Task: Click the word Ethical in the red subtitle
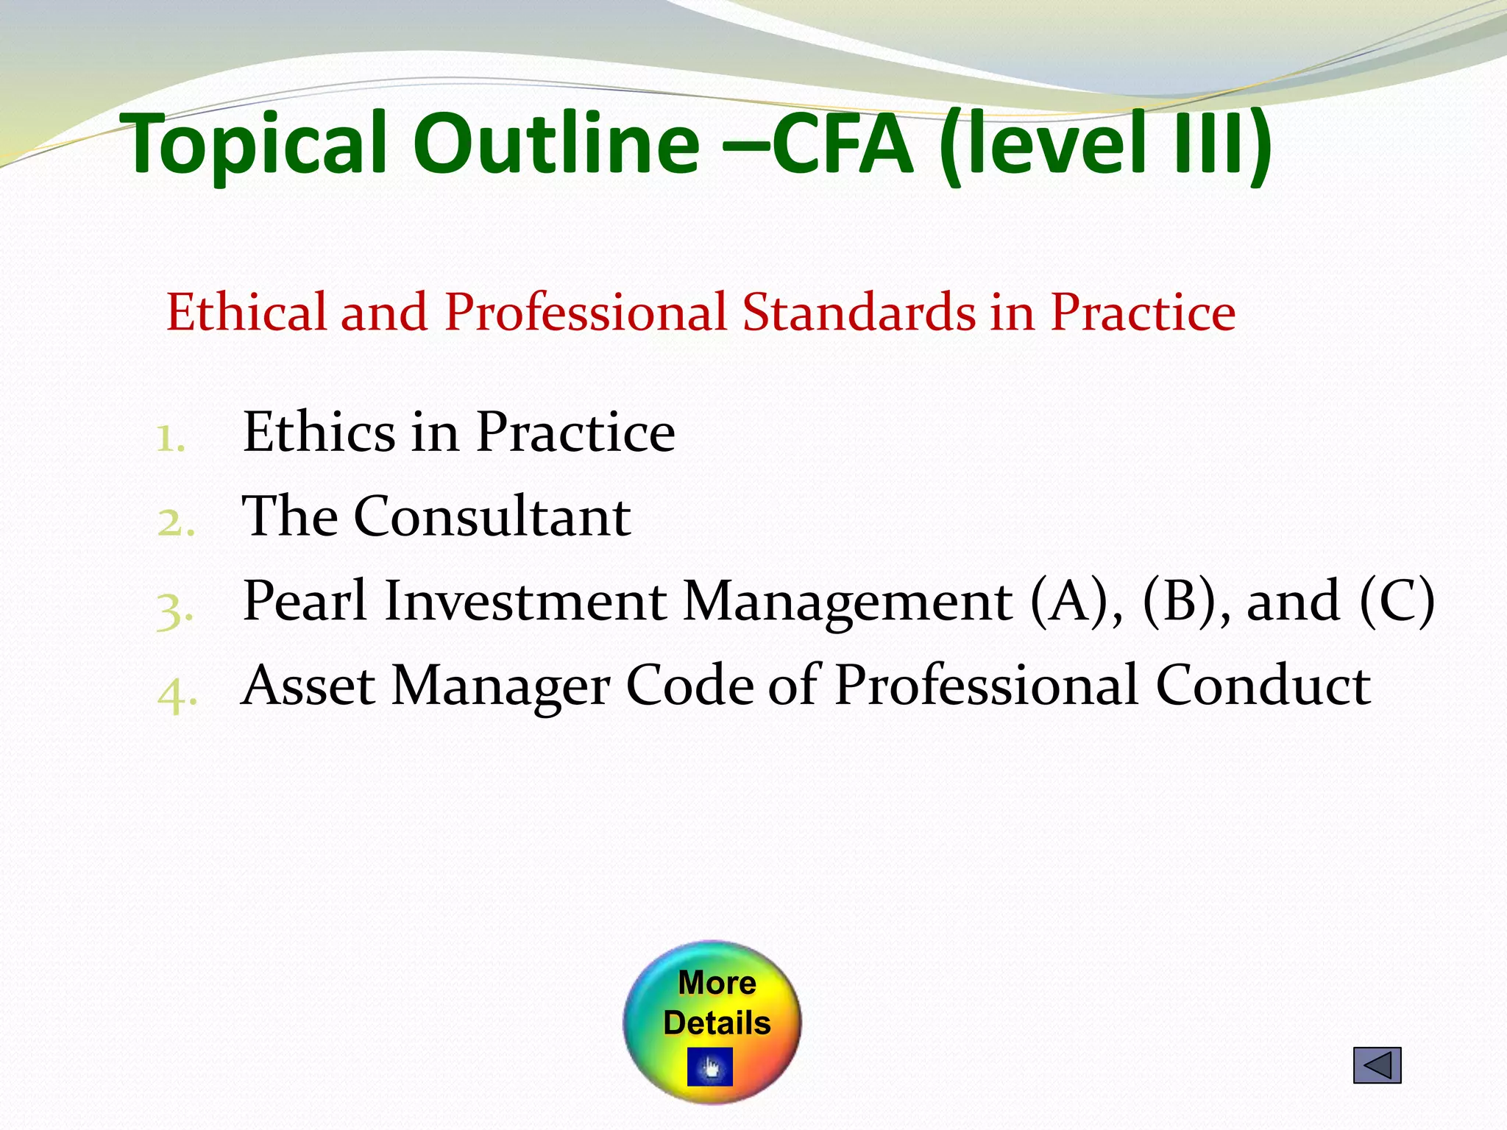246,312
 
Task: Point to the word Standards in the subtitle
858,312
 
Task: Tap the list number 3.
175,611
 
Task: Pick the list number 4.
177,694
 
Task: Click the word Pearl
305,601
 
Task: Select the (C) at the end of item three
1397,601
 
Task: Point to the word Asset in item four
309,686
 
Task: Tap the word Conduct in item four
1263,686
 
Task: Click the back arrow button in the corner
1377,1065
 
